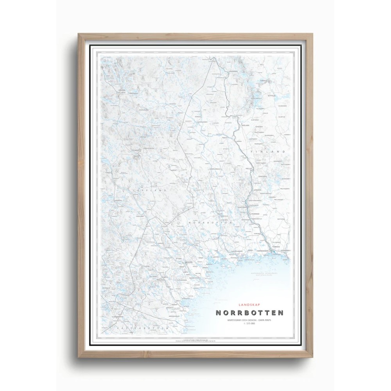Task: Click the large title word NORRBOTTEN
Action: (250, 313)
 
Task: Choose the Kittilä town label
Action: (271, 95)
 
